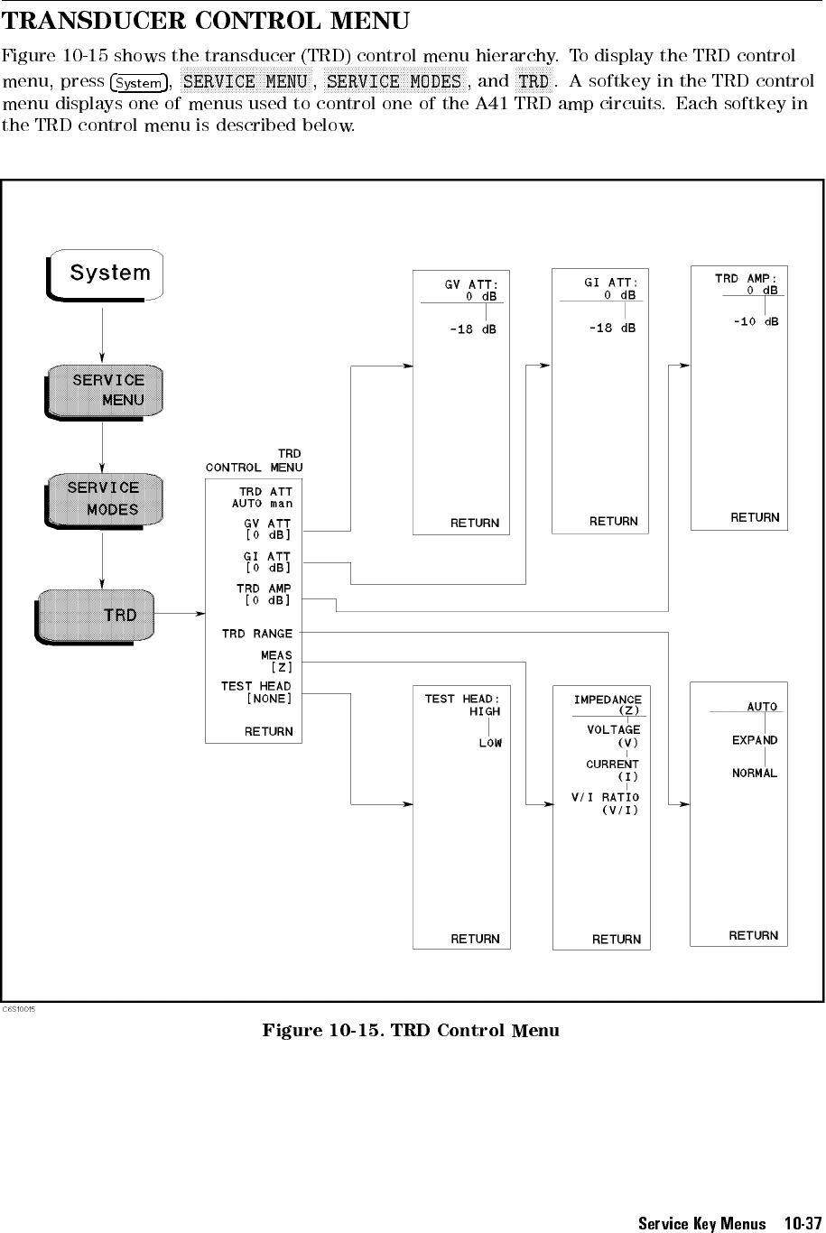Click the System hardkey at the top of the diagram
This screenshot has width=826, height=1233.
[106, 274]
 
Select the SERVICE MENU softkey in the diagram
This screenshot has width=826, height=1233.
[104, 392]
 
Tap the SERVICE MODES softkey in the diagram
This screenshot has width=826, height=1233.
[104, 500]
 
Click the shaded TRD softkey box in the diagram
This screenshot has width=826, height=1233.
[95, 616]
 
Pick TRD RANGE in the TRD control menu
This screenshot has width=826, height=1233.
[257, 634]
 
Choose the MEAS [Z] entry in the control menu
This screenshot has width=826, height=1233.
[276, 661]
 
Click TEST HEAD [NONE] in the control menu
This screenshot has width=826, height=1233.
[256, 692]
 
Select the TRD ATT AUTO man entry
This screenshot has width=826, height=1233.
[263, 497]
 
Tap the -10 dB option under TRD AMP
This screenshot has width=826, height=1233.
[756, 321]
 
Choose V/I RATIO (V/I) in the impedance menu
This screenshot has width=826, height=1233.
[606, 803]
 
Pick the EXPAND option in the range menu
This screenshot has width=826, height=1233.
[755, 740]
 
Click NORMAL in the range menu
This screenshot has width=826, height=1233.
[755, 773]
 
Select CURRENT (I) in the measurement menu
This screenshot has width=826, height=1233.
[612, 770]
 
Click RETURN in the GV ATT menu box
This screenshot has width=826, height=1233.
[475, 523]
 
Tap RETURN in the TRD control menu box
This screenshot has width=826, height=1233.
[269, 731]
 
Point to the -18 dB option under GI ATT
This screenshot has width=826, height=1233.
[612, 328]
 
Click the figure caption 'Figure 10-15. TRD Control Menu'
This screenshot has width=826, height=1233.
[411, 1031]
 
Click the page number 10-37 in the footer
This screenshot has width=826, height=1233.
[803, 1223]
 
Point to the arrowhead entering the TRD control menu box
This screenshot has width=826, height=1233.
[200, 613]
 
